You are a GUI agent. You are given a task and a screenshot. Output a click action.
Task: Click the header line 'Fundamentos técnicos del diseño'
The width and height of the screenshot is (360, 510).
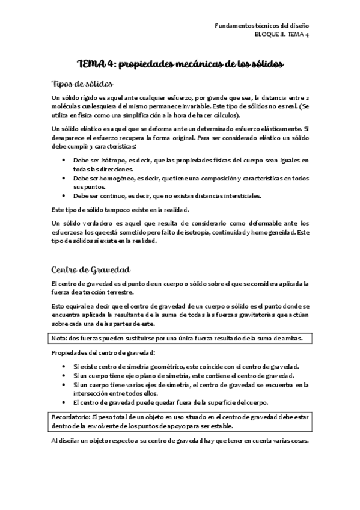(261, 26)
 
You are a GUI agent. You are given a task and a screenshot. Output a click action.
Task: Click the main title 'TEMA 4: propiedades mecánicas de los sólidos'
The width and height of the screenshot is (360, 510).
(180, 64)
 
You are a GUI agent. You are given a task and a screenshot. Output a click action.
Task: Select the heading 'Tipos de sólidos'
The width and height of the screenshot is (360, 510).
(79, 84)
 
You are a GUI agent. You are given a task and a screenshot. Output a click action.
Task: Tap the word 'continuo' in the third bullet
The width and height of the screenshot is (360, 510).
(110, 196)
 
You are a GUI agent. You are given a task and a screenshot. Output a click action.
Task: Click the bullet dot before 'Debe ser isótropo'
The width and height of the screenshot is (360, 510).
(65, 161)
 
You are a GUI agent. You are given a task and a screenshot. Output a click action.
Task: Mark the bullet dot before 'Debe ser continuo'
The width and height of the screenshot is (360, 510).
(65, 197)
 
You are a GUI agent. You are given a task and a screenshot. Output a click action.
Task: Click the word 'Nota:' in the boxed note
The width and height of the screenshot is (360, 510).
(61, 339)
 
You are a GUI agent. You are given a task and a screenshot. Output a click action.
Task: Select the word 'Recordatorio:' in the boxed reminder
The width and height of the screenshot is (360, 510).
(72, 417)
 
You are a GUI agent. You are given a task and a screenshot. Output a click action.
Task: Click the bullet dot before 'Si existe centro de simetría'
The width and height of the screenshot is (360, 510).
(65, 366)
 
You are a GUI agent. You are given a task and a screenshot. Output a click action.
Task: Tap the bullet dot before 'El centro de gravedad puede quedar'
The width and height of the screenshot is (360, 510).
(65, 402)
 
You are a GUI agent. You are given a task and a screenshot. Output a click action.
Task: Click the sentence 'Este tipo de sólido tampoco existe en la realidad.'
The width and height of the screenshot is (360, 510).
(120, 209)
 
